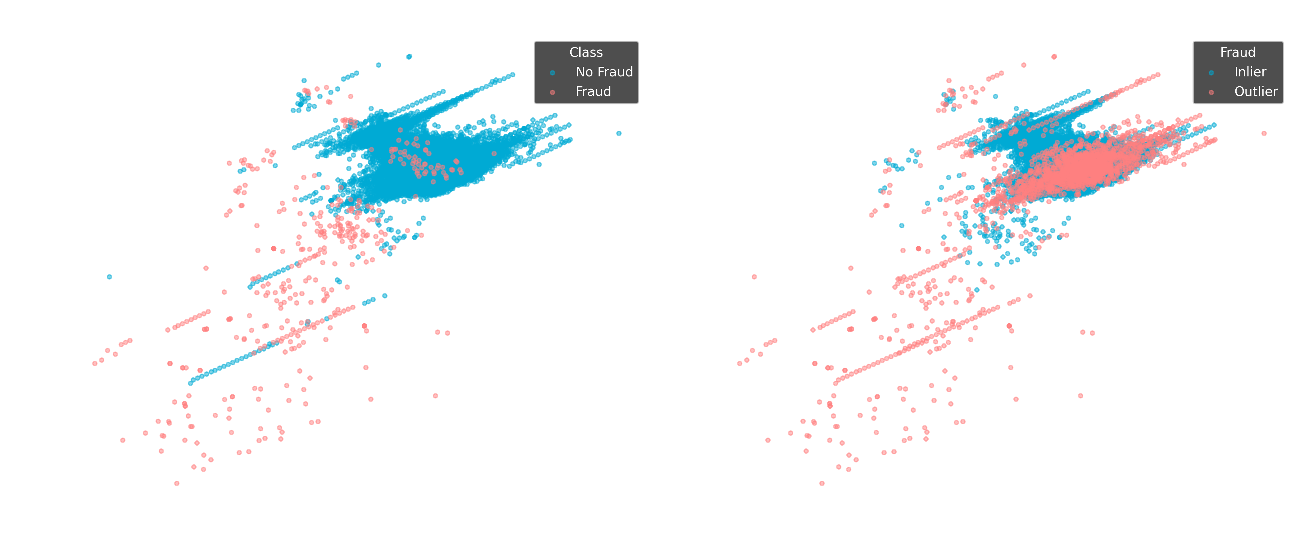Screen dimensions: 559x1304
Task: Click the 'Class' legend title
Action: [x=586, y=52]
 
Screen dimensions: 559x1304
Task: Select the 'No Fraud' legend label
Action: [x=604, y=72]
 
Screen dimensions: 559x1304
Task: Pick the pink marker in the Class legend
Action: [x=552, y=92]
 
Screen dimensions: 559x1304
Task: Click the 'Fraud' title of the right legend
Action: [x=1237, y=52]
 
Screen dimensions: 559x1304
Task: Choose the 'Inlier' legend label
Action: [x=1250, y=72]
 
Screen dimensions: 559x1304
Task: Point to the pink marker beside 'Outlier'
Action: [x=1211, y=92]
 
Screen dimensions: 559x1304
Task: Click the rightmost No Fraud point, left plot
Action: [x=618, y=133]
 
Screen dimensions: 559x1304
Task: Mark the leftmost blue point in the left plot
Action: [x=109, y=276]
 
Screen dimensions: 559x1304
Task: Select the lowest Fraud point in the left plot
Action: [x=177, y=483]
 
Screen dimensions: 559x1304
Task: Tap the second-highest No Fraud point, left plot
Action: [x=379, y=65]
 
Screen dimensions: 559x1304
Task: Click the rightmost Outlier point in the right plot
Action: [x=1264, y=133]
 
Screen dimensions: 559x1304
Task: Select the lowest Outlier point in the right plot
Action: [x=822, y=483]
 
